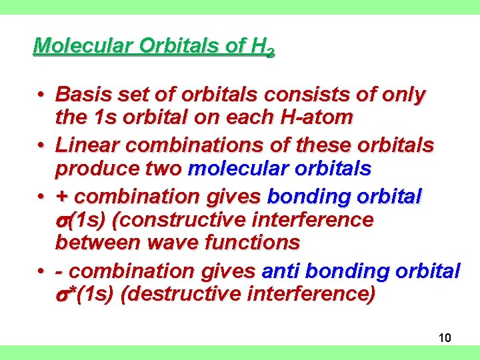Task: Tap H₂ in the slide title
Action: pos(261,47)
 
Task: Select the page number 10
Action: pos(445,338)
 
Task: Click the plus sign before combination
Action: pos(61,197)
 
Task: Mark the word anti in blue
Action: pos(283,271)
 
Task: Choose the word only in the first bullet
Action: pos(403,95)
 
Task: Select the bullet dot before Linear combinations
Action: pos(41,145)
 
